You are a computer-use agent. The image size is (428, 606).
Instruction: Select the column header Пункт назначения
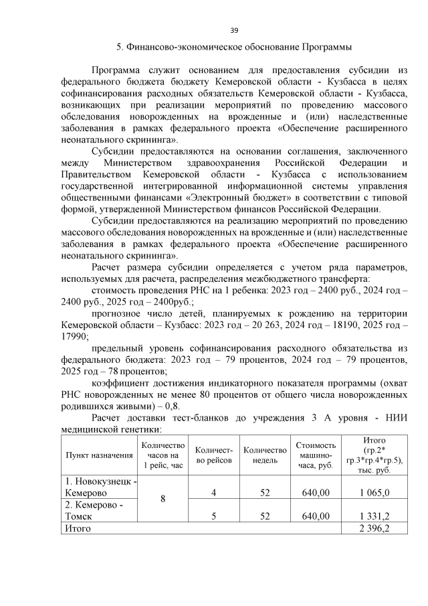[98, 455]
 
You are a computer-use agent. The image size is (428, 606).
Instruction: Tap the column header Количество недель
[265, 455]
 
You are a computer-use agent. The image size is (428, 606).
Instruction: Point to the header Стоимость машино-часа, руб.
[316, 455]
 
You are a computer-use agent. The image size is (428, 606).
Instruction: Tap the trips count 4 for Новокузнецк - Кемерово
[213, 494]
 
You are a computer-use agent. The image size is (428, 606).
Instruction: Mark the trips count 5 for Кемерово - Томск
[213, 516]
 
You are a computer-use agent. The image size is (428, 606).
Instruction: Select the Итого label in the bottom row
[77, 529]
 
